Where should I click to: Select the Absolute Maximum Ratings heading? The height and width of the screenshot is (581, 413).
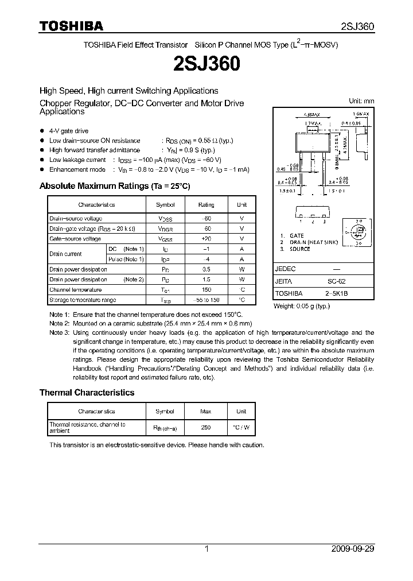[x=114, y=187]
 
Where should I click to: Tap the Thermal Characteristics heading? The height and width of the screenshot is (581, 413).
[x=87, y=393]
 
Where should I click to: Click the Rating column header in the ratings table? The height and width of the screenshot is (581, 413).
[x=206, y=205]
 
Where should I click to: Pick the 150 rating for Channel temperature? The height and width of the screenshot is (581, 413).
[x=206, y=290]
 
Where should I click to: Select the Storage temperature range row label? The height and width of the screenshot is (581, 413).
[x=83, y=300]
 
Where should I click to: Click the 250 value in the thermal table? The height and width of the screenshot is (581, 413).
[x=206, y=428]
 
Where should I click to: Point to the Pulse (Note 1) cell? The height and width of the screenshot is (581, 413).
[x=126, y=259]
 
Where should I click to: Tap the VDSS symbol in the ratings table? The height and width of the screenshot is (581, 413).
[x=166, y=219]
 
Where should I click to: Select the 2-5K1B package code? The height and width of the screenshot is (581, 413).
[x=337, y=293]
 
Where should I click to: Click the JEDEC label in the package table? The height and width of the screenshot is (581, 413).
[x=286, y=269]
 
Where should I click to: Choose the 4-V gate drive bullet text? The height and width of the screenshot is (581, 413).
[x=69, y=131]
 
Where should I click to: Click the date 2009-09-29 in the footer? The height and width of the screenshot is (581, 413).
[x=352, y=549]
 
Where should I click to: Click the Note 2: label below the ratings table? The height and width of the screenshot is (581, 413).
[x=59, y=324]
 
